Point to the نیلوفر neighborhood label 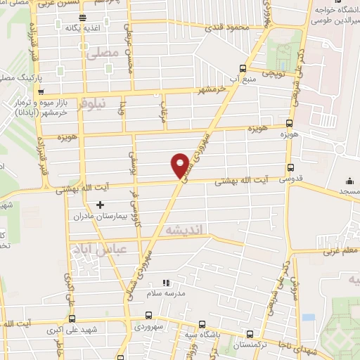tap(90, 103)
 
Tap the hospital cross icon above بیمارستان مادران tap(99, 205)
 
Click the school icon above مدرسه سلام tap(166, 282)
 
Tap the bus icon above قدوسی tap(290, 167)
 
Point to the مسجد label tap(349, 191)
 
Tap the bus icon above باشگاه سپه tap(202, 325)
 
